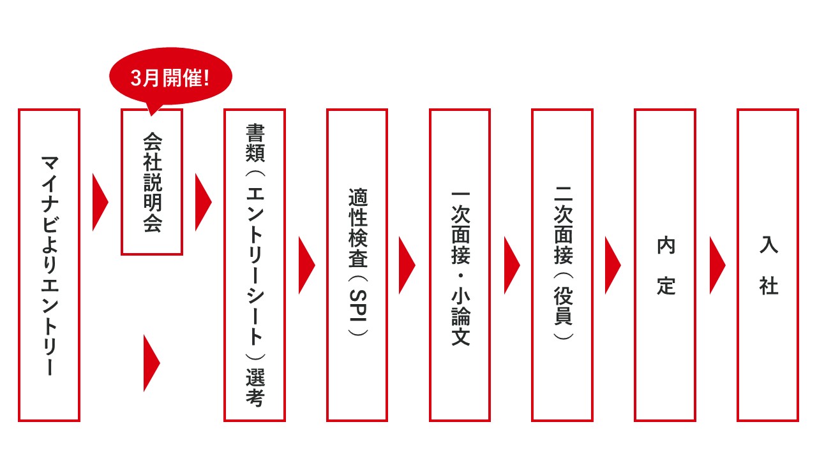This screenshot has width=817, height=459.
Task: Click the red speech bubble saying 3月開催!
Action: tap(170, 77)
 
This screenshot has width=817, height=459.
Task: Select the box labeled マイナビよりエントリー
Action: tap(20, 265)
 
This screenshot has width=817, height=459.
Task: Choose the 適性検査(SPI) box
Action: tap(328, 265)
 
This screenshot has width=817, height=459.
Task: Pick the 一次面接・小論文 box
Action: tap(430, 265)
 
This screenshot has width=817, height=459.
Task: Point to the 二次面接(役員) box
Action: tap(533, 265)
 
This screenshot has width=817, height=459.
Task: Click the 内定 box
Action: tap(636, 265)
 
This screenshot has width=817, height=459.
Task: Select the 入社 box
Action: tap(738, 265)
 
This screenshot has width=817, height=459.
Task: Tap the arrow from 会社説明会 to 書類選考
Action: tap(203, 202)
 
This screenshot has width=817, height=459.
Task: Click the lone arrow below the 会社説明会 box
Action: tap(151, 363)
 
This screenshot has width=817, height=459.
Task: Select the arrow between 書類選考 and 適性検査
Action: tap(306, 265)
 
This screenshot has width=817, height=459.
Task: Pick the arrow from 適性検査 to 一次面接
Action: tap(407, 265)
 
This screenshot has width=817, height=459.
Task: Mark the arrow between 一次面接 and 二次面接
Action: tap(512, 265)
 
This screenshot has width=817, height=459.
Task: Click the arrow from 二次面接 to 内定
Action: tap(612, 265)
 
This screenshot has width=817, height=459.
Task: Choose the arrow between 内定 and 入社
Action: tap(717, 265)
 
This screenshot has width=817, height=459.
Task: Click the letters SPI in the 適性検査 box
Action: tap(358, 305)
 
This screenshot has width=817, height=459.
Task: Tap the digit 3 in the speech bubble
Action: tap(136, 78)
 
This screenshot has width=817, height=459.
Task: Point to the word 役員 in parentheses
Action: tap(563, 305)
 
